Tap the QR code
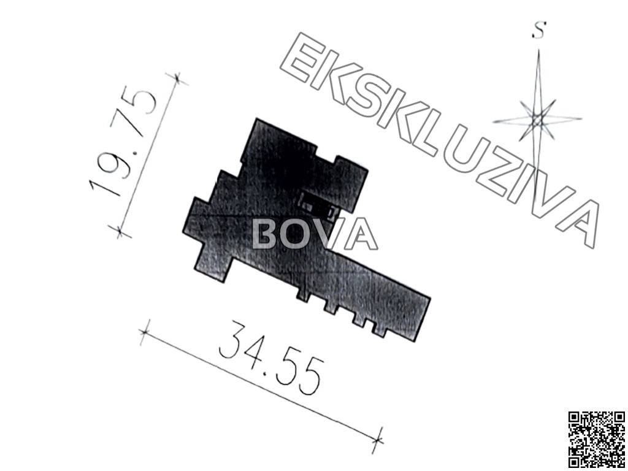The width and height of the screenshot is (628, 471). coord(597,439)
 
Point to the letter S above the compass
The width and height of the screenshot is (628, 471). coord(540,31)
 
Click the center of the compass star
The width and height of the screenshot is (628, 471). coord(537,120)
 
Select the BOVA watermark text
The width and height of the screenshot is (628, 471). coord(314,234)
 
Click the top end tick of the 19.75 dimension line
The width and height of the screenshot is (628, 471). coord(177,78)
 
